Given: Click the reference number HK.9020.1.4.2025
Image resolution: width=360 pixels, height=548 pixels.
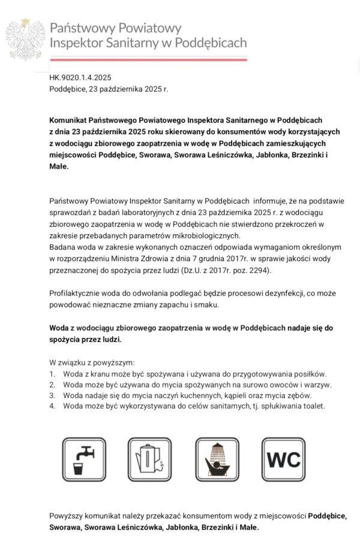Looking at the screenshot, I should point(80,77).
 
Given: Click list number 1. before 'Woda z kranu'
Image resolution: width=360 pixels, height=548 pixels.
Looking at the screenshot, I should point(52,374).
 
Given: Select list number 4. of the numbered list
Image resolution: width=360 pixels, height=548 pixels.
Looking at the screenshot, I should point(52,406).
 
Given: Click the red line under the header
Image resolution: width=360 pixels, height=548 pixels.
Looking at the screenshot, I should point(148,59).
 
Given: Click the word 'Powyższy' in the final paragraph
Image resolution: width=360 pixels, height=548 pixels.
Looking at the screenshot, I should point(66,516).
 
